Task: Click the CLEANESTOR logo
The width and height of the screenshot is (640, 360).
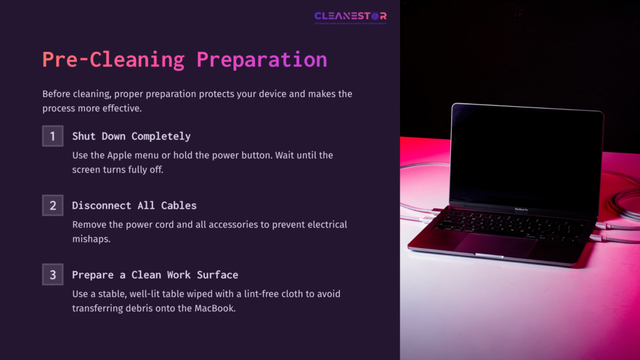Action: [350, 16]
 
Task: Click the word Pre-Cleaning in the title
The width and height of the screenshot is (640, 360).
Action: [113, 59]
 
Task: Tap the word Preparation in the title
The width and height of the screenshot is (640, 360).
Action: [261, 59]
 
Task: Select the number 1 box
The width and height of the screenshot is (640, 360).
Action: [52, 136]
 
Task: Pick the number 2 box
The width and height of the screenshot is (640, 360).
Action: [52, 205]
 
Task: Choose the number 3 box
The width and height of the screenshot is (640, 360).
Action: [52, 274]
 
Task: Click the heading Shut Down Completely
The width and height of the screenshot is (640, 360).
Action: [131, 136]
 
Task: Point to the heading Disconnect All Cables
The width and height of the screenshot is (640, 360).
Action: [134, 205]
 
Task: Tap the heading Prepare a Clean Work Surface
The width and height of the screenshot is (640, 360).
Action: [155, 274]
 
